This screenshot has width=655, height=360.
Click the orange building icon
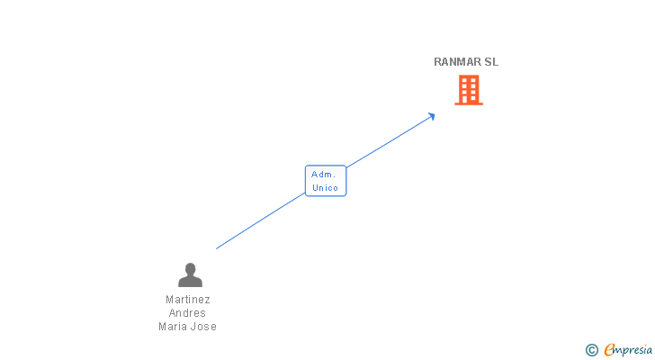click(468, 90)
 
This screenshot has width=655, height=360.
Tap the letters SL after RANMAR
click(491, 62)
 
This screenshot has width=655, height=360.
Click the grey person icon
click(190, 274)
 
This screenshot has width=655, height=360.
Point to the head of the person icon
click(190, 268)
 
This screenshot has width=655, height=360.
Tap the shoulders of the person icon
click(190, 281)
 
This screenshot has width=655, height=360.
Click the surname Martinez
click(188, 300)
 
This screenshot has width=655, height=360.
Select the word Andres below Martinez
click(188, 313)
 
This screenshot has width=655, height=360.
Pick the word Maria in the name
click(174, 327)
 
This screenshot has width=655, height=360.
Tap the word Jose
click(204, 327)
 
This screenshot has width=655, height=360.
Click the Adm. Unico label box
click(325, 181)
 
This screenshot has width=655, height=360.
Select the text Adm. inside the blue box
click(323, 174)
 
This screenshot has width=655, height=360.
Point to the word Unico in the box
click(325, 188)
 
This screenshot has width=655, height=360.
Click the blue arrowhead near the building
click(432, 115)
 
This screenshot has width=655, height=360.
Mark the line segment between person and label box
click(261, 220)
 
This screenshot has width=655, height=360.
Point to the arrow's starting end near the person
click(218, 247)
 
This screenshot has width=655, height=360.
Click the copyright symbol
click(591, 350)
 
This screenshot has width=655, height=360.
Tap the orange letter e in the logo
click(609, 350)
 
